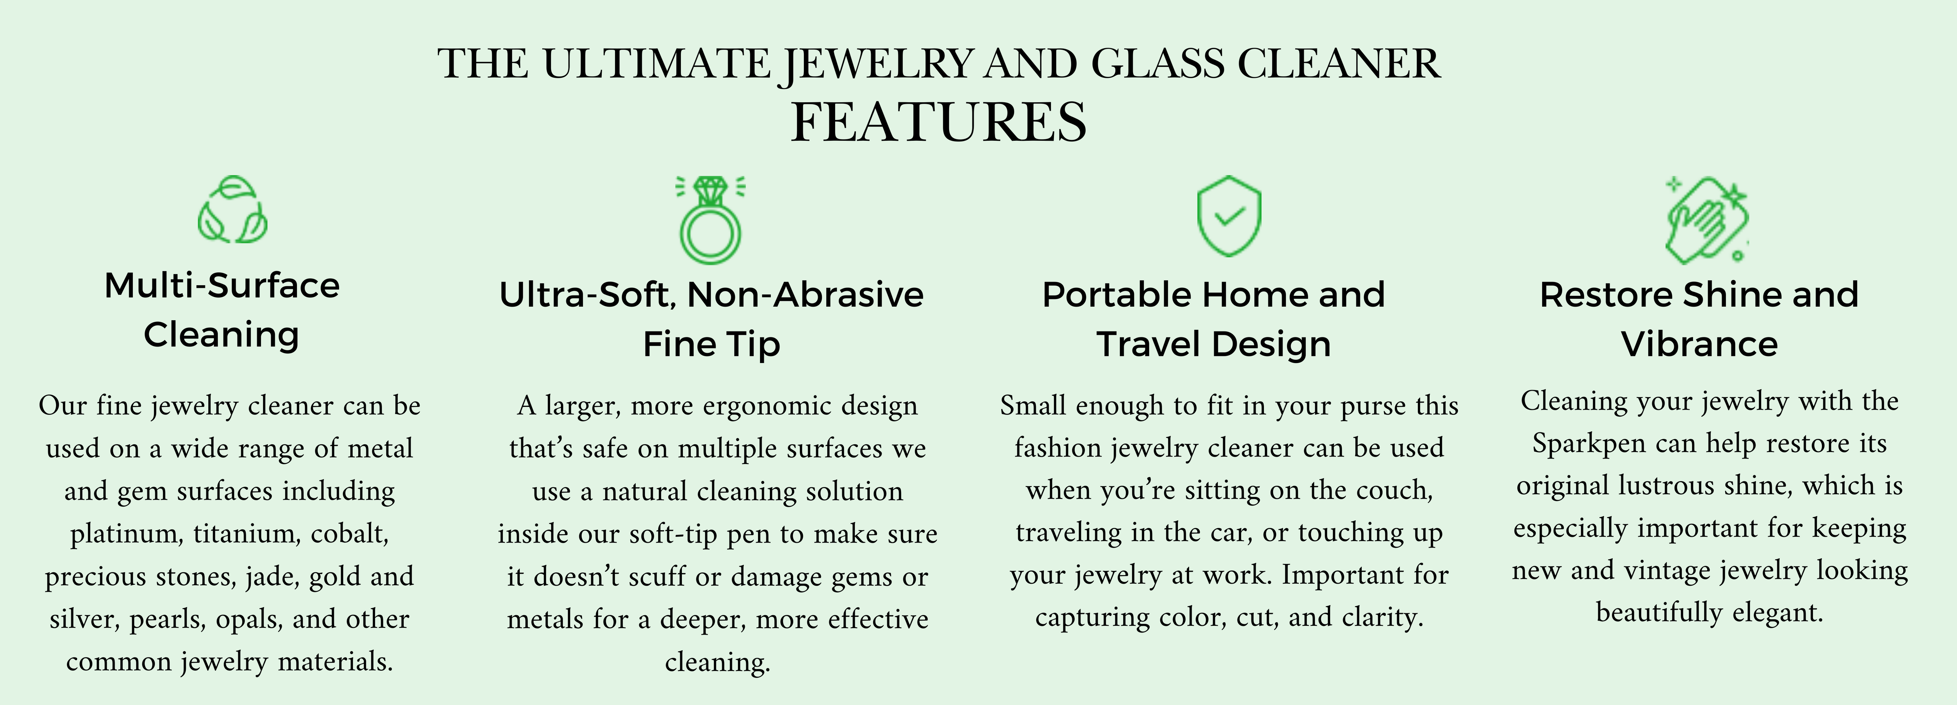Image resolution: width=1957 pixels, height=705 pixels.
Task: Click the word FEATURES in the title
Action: click(939, 122)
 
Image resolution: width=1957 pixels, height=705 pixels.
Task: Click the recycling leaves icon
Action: click(232, 210)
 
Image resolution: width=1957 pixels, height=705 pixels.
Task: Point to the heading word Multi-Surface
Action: click(222, 286)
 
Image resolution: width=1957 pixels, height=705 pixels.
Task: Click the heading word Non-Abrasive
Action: click(805, 295)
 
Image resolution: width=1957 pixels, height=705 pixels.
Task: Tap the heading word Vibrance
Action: click(1699, 344)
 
